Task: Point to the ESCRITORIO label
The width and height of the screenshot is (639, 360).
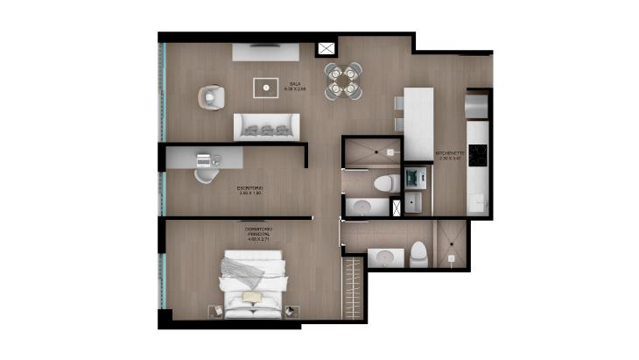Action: coord(250,190)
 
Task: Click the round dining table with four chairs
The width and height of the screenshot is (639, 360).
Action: coord(341,81)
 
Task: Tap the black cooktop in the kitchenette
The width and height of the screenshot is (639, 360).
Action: coord(478,156)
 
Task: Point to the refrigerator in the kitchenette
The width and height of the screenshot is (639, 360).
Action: coord(478,105)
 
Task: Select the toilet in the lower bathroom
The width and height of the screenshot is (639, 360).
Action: coord(418,254)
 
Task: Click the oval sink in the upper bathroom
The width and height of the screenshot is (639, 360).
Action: coord(361,207)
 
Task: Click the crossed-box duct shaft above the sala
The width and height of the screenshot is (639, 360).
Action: coord(327,50)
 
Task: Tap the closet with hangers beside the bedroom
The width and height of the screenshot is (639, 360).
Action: coord(354,286)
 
